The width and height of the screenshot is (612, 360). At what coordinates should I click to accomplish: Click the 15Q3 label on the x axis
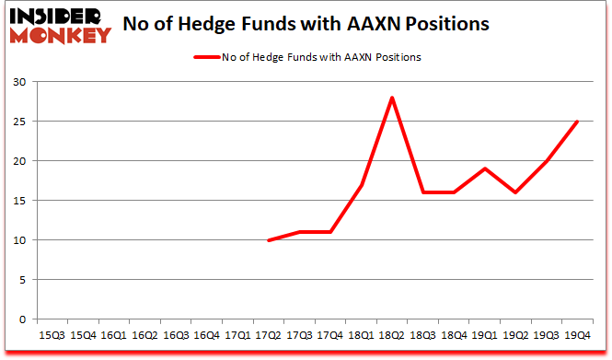(x=52, y=337)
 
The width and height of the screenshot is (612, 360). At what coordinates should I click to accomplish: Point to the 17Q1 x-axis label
(x=238, y=337)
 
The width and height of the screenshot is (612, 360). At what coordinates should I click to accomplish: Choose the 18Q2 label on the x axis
(x=393, y=337)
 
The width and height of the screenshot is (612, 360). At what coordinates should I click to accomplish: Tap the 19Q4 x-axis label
(x=578, y=337)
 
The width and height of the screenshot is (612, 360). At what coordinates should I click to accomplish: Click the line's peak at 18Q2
(x=393, y=98)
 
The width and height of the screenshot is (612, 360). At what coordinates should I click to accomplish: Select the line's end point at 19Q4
(x=578, y=122)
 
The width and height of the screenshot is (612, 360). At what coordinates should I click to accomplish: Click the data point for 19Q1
(x=485, y=168)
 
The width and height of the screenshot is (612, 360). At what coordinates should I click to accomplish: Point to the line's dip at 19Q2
(x=516, y=192)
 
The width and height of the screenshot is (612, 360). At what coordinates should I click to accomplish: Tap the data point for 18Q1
(x=362, y=185)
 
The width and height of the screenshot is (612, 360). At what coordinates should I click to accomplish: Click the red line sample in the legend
(x=205, y=58)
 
